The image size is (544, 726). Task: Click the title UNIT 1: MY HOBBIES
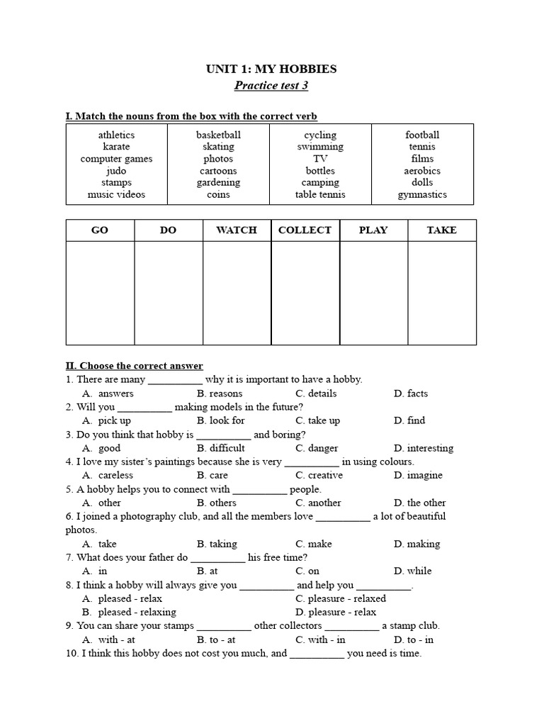click(x=271, y=69)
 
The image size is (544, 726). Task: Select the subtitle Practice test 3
click(x=271, y=86)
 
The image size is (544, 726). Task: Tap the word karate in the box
click(x=116, y=147)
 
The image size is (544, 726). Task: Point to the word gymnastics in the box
click(x=422, y=194)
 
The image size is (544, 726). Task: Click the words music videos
click(x=116, y=194)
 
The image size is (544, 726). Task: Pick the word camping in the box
click(x=320, y=182)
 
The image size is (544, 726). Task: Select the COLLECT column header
click(x=305, y=230)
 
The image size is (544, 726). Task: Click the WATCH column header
click(x=237, y=230)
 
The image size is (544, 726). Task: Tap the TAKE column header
click(x=441, y=230)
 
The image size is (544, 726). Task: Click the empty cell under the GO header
click(x=100, y=293)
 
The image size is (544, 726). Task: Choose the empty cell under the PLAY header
click(x=373, y=293)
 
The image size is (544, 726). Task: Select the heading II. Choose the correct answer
click(x=135, y=366)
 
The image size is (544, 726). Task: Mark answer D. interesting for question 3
click(x=424, y=448)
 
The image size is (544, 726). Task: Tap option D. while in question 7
click(x=413, y=571)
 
